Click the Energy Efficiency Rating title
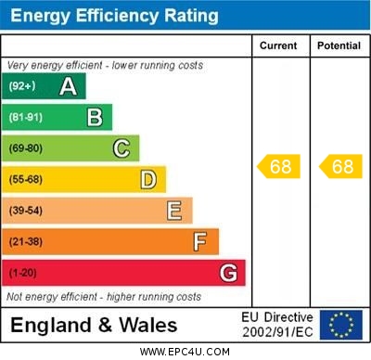click(x=114, y=16)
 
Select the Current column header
click(x=278, y=45)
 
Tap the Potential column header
click(x=339, y=45)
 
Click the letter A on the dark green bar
click(x=68, y=86)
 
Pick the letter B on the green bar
click(x=95, y=117)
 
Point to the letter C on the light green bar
click(x=122, y=148)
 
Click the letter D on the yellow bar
click(x=148, y=179)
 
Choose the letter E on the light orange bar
click(x=174, y=211)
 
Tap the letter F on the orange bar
click(x=200, y=242)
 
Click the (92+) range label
click(x=23, y=86)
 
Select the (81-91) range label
click(x=26, y=117)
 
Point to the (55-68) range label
click(x=26, y=179)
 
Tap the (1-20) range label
click(x=23, y=274)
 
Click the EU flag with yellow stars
click(x=341, y=325)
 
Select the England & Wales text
click(x=94, y=326)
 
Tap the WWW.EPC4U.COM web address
click(x=185, y=352)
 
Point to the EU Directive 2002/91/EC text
click(x=277, y=325)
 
